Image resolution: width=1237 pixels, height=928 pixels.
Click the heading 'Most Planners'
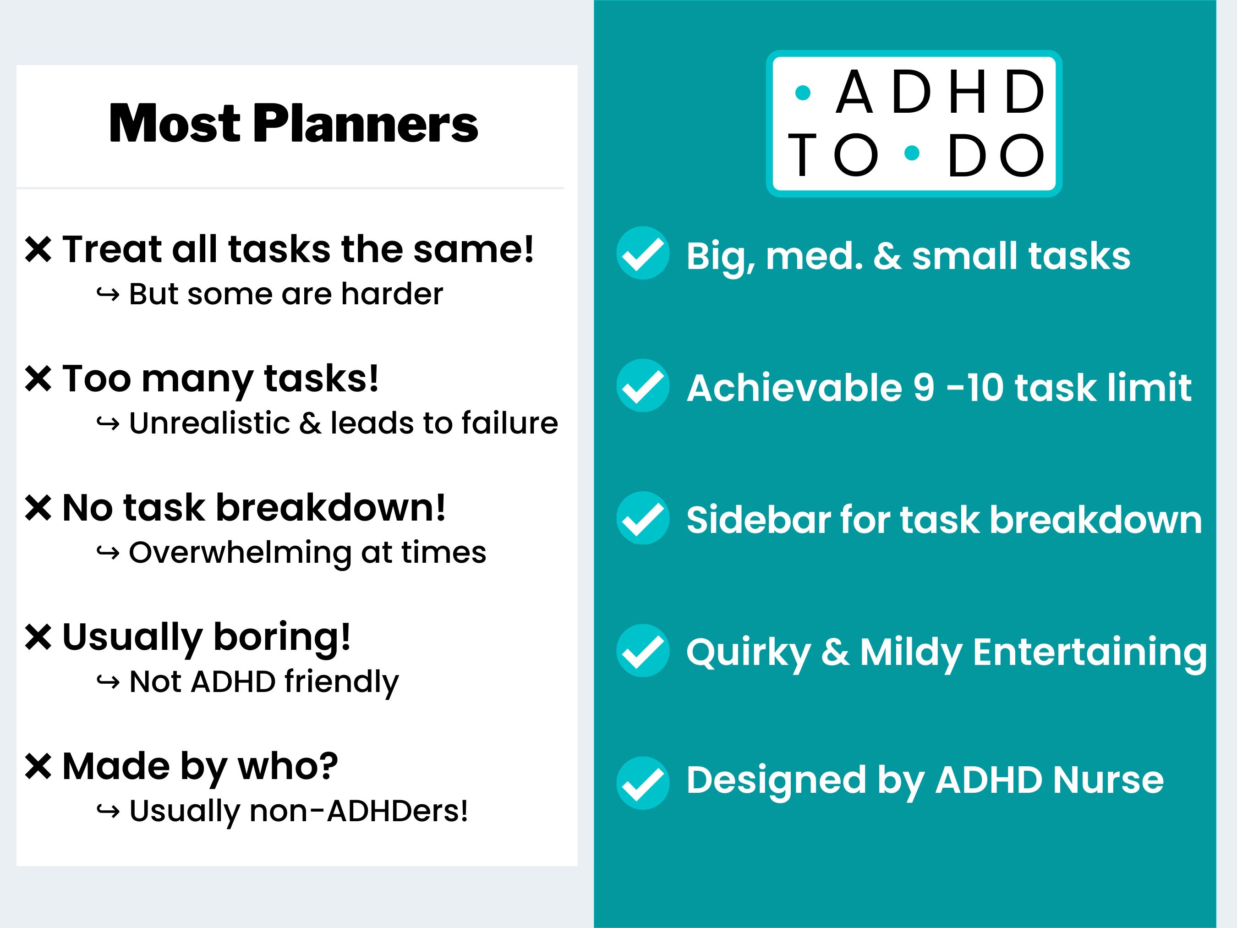[x=293, y=124]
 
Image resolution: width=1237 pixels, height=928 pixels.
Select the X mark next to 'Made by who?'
[x=38, y=766]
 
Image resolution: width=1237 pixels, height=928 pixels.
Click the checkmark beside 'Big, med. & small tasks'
[x=642, y=253]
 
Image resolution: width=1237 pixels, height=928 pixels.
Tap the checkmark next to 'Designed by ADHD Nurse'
[x=642, y=783]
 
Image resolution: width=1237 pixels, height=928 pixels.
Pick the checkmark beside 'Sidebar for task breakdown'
[x=642, y=518]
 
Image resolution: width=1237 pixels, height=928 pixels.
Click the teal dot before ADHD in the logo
[x=803, y=93]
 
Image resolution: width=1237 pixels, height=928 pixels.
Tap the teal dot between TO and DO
[x=912, y=153]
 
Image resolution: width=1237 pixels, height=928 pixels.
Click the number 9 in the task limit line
[x=923, y=388]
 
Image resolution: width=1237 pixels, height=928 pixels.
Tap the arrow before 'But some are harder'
[x=108, y=294]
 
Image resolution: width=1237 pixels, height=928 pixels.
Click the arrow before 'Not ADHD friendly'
[x=108, y=682]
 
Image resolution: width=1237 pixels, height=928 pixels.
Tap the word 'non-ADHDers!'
[x=358, y=811]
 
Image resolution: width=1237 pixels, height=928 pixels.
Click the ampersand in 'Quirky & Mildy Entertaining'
[x=835, y=652]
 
